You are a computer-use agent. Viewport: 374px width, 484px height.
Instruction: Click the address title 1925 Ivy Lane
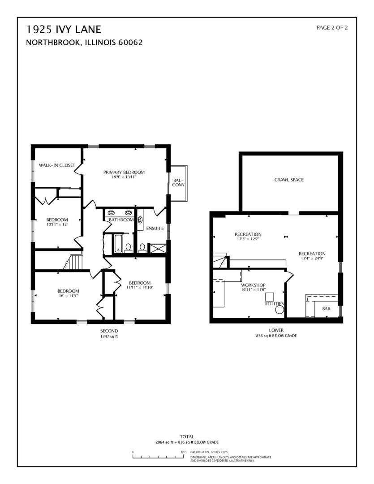64,30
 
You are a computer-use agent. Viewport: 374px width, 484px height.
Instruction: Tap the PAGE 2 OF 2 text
332,28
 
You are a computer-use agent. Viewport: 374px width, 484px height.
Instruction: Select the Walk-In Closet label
57,165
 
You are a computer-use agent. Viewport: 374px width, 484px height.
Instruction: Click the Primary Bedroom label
124,172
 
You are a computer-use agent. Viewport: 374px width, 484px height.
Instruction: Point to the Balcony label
178,182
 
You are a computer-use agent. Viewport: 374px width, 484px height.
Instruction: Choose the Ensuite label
155,229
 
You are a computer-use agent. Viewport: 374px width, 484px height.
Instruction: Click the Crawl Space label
289,180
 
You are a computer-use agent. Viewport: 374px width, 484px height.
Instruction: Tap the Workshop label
254,285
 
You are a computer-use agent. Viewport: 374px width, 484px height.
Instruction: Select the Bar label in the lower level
326,309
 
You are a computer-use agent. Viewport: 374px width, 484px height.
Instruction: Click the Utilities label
274,303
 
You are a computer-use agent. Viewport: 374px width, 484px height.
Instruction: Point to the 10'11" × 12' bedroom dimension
57,225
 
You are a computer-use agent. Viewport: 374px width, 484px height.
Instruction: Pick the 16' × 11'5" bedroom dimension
68,296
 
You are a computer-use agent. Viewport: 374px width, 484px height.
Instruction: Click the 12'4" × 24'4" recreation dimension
312,259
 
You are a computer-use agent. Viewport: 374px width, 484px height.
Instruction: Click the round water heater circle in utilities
279,309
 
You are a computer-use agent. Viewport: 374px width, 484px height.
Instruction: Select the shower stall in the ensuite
157,248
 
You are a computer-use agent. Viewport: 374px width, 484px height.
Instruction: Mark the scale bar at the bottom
159,457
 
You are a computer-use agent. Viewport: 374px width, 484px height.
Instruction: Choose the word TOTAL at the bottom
187,436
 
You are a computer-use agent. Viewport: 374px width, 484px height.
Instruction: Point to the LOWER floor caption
276,330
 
